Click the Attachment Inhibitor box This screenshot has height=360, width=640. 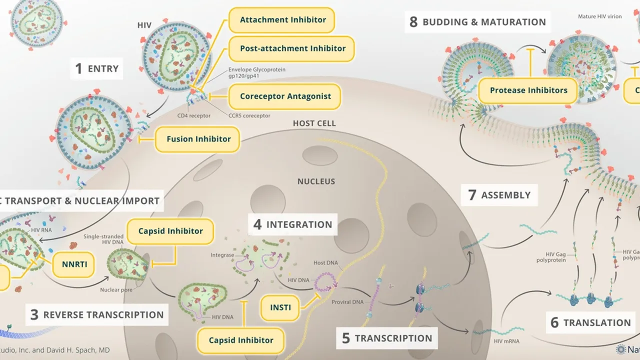click(x=282, y=20)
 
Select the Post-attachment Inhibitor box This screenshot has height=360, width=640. click(x=292, y=48)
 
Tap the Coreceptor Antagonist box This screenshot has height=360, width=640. click(x=285, y=96)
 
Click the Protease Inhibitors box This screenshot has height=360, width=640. click(x=528, y=91)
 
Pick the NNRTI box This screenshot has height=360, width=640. click(x=73, y=264)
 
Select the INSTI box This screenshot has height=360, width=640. click(x=280, y=307)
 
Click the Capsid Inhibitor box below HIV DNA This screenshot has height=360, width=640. click(x=241, y=340)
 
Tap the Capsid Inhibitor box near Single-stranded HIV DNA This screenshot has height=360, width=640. click(x=170, y=231)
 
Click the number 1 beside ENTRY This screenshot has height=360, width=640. click(x=78, y=69)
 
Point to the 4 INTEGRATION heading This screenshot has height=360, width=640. click(x=292, y=224)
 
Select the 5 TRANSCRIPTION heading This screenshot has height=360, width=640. click(x=386, y=338)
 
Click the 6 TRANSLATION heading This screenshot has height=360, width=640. click(x=590, y=323)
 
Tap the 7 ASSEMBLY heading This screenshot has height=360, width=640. click(x=498, y=195)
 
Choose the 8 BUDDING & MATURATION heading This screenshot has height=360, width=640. click(x=477, y=22)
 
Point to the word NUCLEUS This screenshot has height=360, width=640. click(x=316, y=181)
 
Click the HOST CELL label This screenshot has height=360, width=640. click(x=314, y=123)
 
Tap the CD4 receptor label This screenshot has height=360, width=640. click(x=194, y=116)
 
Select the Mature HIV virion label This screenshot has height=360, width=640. click(x=600, y=16)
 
